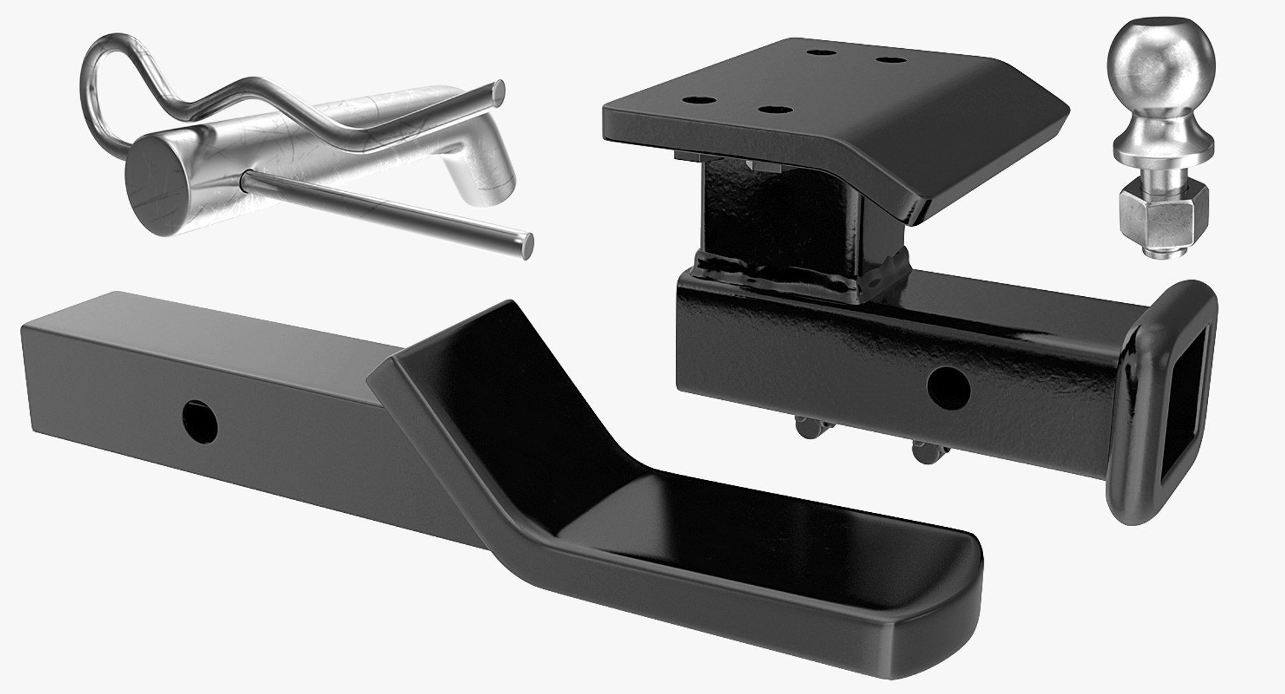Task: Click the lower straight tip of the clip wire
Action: [526, 245]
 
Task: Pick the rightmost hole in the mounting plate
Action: [888, 61]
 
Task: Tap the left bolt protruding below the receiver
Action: [806, 427]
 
